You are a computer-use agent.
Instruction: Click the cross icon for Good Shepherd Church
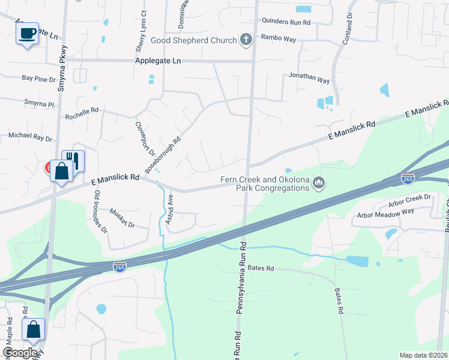(246, 40)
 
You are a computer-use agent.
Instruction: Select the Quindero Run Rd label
(286, 22)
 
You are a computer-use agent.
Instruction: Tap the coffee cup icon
(27, 34)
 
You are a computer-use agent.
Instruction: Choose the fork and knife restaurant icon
(73, 160)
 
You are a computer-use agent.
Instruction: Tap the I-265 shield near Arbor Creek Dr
(407, 179)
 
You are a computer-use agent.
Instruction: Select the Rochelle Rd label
(81, 112)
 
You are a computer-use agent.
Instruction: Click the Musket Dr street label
(122, 217)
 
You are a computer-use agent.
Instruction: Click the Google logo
(20, 353)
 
